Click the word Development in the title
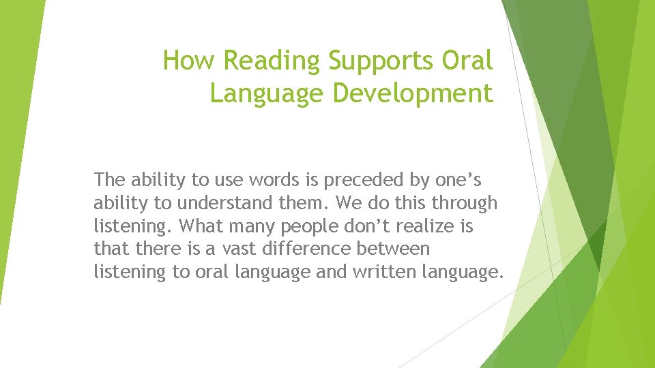412,93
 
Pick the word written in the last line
379,273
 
